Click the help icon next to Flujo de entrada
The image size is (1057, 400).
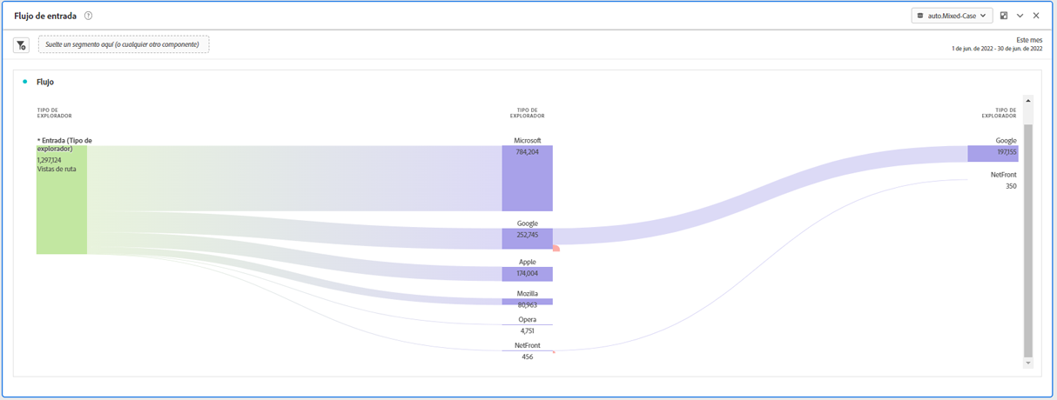89,16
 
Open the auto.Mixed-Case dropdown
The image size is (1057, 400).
952,16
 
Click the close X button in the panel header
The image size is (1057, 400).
1036,16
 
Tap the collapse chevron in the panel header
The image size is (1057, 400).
1020,16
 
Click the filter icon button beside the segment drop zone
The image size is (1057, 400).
21,44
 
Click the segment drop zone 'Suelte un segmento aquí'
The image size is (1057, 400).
124,44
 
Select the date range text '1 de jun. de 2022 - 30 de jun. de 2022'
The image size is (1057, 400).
997,49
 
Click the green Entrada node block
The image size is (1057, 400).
62,209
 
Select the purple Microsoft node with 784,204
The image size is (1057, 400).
527,178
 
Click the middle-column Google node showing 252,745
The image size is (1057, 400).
527,238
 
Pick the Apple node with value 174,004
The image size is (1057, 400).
527,274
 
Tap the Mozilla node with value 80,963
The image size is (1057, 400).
527,302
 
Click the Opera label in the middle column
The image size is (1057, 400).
527,319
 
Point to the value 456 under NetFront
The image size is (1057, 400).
527,357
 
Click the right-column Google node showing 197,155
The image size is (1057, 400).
993,153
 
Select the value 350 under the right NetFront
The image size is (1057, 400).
1011,186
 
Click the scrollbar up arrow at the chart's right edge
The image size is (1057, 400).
1028,101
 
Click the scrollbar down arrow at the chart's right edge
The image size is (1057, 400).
1028,363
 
